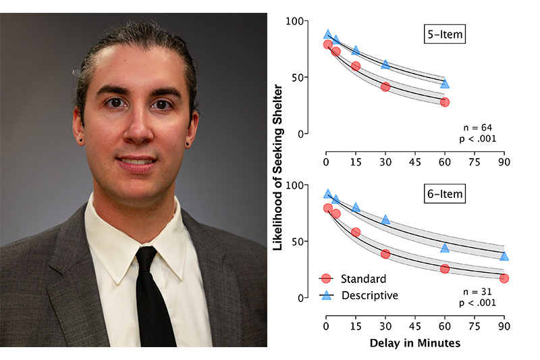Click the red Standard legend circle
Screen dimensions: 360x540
coord(326,278)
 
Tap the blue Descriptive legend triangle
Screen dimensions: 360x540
coord(326,295)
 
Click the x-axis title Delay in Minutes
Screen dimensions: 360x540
coord(415,343)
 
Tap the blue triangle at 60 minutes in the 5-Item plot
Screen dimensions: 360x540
coord(445,84)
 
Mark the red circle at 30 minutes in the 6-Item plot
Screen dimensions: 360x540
coord(385,254)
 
